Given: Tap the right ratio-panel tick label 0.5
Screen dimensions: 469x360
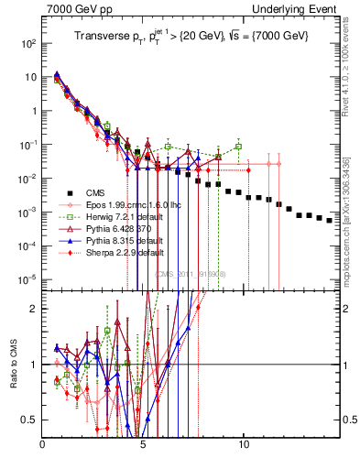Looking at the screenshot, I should [x=348, y=420].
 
